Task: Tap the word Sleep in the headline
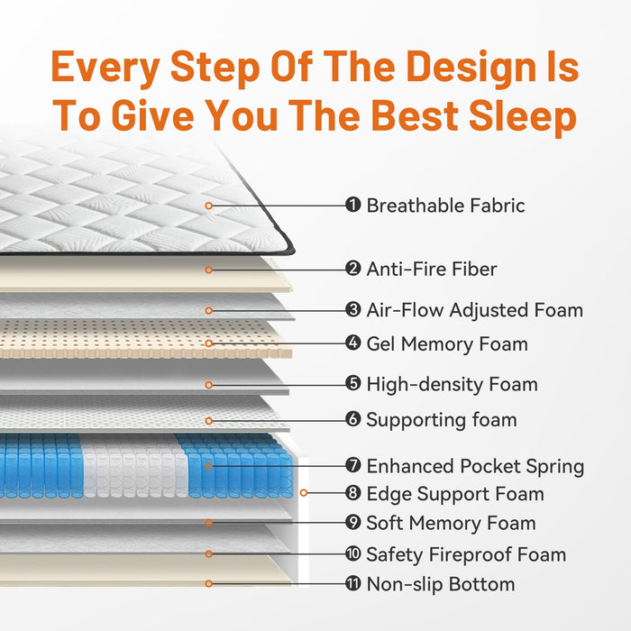[523, 116]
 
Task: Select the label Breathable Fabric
[445, 206]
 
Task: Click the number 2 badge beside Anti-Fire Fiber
[353, 269]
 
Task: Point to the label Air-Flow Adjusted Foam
[475, 310]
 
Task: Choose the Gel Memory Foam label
[447, 344]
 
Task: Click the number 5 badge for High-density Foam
[353, 383]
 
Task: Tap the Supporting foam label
[442, 420]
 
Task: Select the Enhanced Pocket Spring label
[475, 466]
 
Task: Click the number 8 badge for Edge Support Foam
[353, 492]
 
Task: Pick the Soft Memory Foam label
[451, 523]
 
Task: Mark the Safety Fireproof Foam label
[466, 554]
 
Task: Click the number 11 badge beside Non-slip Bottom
[353, 583]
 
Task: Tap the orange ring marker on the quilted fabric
[208, 206]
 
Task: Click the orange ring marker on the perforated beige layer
[208, 343]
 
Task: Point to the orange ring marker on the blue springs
[208, 466]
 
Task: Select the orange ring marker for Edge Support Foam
[304, 492]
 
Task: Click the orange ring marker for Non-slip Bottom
[208, 583]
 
